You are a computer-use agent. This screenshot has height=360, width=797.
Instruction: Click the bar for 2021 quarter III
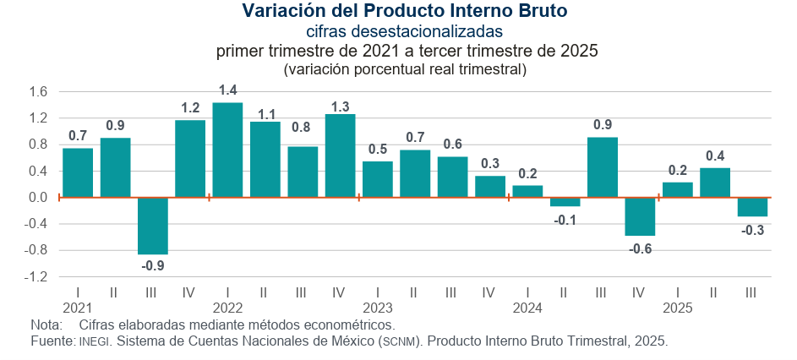153,226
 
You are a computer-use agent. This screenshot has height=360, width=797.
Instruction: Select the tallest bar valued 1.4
227,150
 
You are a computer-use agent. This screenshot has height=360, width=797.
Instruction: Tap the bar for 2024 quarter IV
640,216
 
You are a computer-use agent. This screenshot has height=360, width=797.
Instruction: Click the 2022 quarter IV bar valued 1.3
340,156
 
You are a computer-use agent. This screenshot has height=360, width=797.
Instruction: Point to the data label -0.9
153,266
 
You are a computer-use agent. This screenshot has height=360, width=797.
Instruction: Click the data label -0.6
640,248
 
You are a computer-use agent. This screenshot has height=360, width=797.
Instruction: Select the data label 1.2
190,107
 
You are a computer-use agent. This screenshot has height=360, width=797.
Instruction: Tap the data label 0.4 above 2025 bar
715,155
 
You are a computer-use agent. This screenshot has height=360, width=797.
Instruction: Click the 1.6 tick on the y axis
39,91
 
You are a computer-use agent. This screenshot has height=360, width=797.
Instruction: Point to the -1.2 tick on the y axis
37,277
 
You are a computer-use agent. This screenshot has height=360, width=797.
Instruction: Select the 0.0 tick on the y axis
39,198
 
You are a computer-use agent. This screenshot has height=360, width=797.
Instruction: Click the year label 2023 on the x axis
378,308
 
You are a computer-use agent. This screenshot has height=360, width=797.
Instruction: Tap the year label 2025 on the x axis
677,308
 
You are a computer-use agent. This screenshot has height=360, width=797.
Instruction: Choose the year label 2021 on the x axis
78,308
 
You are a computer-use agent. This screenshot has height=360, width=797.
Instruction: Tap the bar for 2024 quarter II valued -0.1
565,202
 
